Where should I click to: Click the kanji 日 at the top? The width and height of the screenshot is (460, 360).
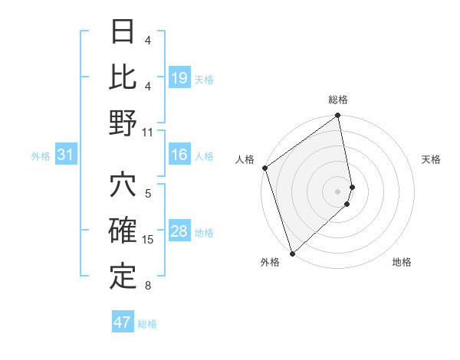pos(123,33)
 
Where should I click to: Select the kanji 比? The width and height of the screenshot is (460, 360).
pos(123,77)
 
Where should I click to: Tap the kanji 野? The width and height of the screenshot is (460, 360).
pos(123,123)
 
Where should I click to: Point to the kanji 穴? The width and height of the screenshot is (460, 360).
pos(123,186)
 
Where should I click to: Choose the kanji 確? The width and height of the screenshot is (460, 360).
pos(123,232)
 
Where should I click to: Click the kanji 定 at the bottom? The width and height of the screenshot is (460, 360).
pos(123,276)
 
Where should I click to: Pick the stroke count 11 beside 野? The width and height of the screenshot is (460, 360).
pos(148,132)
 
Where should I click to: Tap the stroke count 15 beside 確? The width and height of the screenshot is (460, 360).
pos(148,240)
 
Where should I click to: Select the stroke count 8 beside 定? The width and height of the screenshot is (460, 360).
pos(148,286)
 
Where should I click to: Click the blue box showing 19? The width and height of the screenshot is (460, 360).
pos(179,78)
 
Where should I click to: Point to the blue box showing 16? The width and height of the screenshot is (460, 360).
pos(179,155)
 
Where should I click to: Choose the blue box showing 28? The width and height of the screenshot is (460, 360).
pos(179,232)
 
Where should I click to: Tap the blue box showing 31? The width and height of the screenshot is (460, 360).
pos(66,155)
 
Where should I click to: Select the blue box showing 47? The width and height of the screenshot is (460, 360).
pos(123,322)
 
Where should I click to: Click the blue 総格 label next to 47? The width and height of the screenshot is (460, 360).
pos(147,324)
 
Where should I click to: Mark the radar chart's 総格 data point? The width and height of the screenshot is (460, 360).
pos(338,116)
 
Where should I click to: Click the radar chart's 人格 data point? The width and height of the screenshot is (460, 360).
pos(264,168)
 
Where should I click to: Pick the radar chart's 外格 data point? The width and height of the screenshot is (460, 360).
pos(292,254)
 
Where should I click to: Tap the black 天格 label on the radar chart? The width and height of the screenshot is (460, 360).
pos(431,159)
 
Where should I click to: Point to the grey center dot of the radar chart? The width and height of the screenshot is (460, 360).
pos(338,191)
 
